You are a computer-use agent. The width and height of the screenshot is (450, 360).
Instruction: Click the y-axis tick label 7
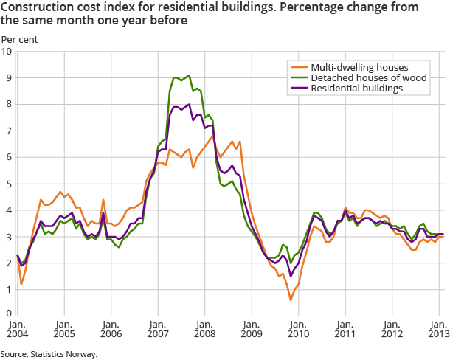point(8,131)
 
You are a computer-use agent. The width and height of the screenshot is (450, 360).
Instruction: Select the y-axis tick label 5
point(8,184)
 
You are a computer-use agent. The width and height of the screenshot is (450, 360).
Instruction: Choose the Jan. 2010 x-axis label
point(297,328)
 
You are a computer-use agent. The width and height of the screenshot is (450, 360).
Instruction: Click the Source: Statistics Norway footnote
point(49,353)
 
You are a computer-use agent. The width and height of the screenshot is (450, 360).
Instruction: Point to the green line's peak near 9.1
point(190,75)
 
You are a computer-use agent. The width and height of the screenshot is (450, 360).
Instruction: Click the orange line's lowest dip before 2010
point(291,300)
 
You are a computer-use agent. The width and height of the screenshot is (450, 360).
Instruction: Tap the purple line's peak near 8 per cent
point(190,105)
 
